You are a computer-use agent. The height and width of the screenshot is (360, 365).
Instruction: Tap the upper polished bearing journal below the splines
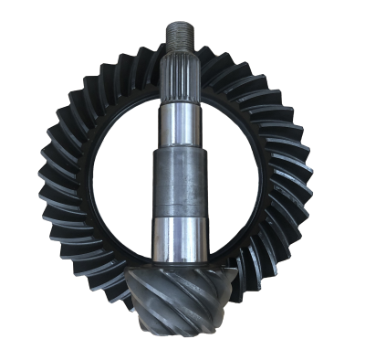click(179, 123)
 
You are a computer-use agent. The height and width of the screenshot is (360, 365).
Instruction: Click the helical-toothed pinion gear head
click(178, 292)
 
